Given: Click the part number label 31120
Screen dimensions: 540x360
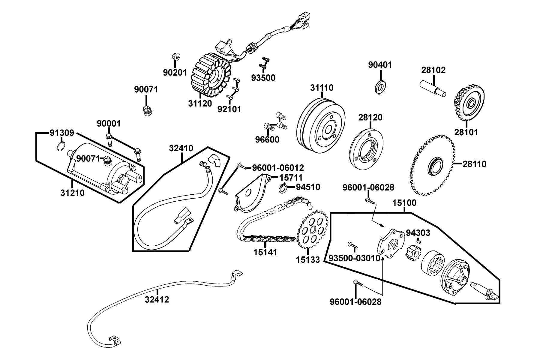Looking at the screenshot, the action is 200,103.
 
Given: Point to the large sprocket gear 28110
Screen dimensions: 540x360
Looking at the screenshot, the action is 432,165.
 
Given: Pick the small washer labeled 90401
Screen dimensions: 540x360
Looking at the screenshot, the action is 380,86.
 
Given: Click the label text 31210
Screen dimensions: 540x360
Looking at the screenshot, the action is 72,193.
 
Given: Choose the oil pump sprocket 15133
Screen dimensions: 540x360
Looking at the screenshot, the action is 312,231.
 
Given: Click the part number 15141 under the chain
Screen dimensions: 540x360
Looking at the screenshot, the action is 265,252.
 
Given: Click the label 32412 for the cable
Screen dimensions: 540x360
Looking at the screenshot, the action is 157,299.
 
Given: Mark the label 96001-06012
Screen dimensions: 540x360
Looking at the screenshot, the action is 278,168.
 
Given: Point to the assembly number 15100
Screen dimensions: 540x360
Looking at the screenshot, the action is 404,203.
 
